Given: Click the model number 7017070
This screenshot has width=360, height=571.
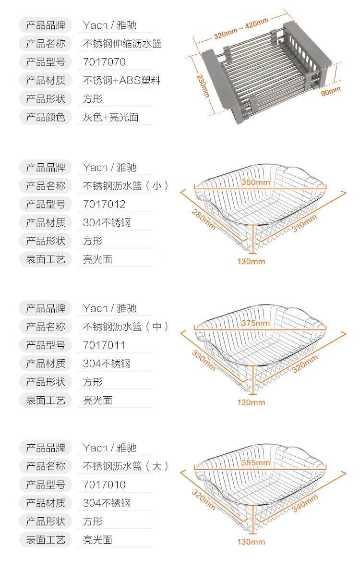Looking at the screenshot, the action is click(104, 62).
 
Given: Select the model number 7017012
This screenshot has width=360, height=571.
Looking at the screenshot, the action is click(104, 204).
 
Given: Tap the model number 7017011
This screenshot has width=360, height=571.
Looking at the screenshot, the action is click(104, 345).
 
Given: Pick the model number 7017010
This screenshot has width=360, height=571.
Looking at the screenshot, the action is click(104, 485).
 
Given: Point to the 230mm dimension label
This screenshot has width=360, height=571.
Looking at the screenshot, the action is click(203, 85).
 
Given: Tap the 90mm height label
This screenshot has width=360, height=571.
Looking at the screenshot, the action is click(331, 90).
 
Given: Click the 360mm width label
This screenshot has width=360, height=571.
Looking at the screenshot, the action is click(255, 182).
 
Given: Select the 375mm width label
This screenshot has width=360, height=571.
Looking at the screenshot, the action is click(255, 323).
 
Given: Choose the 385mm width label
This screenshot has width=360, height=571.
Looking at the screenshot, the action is click(255, 463).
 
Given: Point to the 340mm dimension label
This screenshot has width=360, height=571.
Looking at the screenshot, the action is click(305, 503).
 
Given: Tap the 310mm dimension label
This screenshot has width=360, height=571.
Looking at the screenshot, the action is click(305, 223).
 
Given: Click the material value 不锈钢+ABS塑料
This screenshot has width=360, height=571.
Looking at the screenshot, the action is click(122, 80).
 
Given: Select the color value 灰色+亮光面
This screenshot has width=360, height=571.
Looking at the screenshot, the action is click(111, 117).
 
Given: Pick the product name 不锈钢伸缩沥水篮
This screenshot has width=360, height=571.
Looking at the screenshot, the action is click(122, 44).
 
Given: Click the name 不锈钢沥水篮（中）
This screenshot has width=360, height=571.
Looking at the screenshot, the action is click(126, 327).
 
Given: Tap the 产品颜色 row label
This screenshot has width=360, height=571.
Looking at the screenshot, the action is click(45, 117).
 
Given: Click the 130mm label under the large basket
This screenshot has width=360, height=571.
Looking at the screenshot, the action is click(251, 542).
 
